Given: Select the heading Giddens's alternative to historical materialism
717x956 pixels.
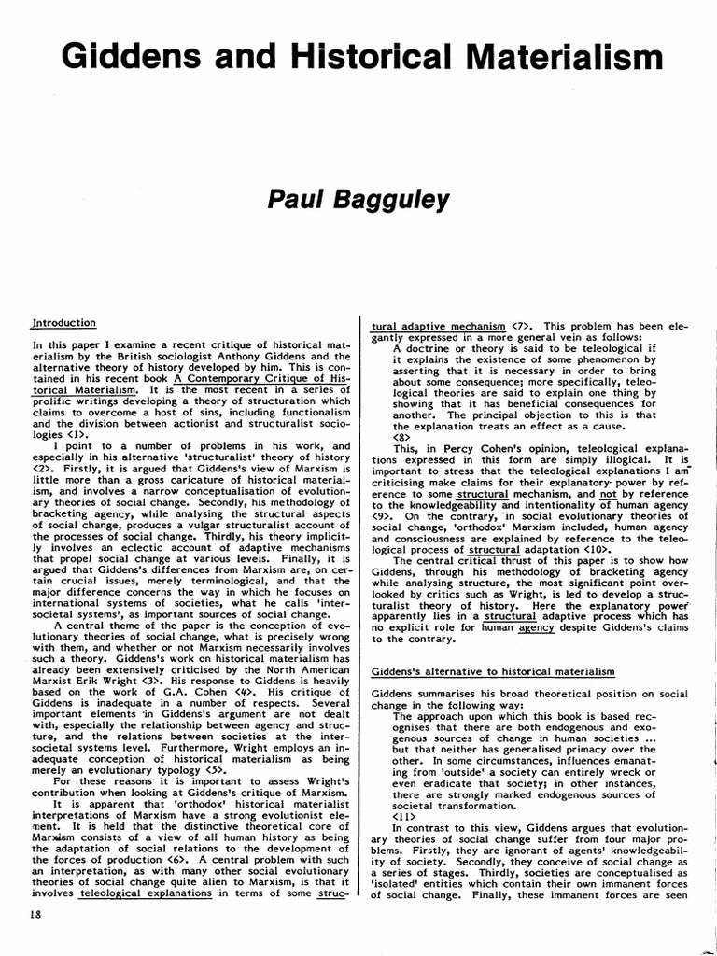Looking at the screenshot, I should click(x=493, y=671).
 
